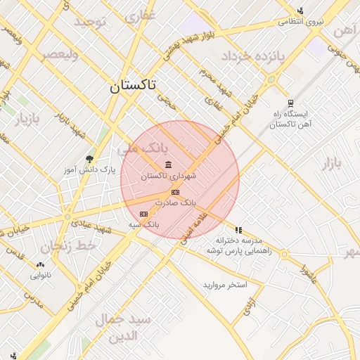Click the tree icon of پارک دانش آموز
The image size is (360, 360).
[x=89, y=159]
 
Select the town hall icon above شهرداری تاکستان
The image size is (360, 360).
[x=167, y=165]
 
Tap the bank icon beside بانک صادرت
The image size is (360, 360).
[x=175, y=192]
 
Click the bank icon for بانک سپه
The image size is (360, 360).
[x=143, y=214]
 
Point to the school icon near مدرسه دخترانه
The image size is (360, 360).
[x=239, y=230]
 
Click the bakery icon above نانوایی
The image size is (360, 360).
[x=39, y=265]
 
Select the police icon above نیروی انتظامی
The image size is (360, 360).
[x=300, y=11]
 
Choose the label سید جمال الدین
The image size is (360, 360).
[x=130, y=327]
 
